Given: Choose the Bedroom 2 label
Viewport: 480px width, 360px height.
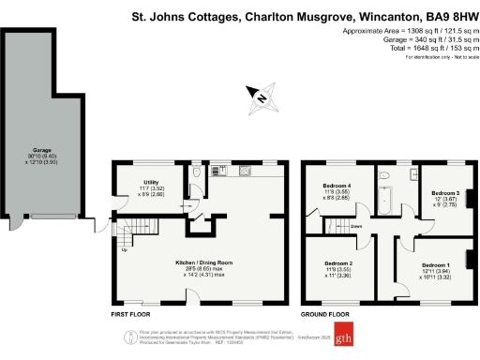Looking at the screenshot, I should point(337,263).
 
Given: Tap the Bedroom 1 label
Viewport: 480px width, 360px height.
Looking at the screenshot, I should point(436,264).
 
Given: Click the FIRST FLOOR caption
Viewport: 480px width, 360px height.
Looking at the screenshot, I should point(131,315).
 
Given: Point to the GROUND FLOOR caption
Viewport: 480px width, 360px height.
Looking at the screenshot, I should point(324,315).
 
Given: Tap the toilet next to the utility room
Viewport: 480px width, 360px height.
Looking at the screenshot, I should point(195,173).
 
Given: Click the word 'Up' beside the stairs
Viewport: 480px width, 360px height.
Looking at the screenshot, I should point(125,248).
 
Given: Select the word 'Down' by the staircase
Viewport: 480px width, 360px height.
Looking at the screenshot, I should point(357,227).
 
